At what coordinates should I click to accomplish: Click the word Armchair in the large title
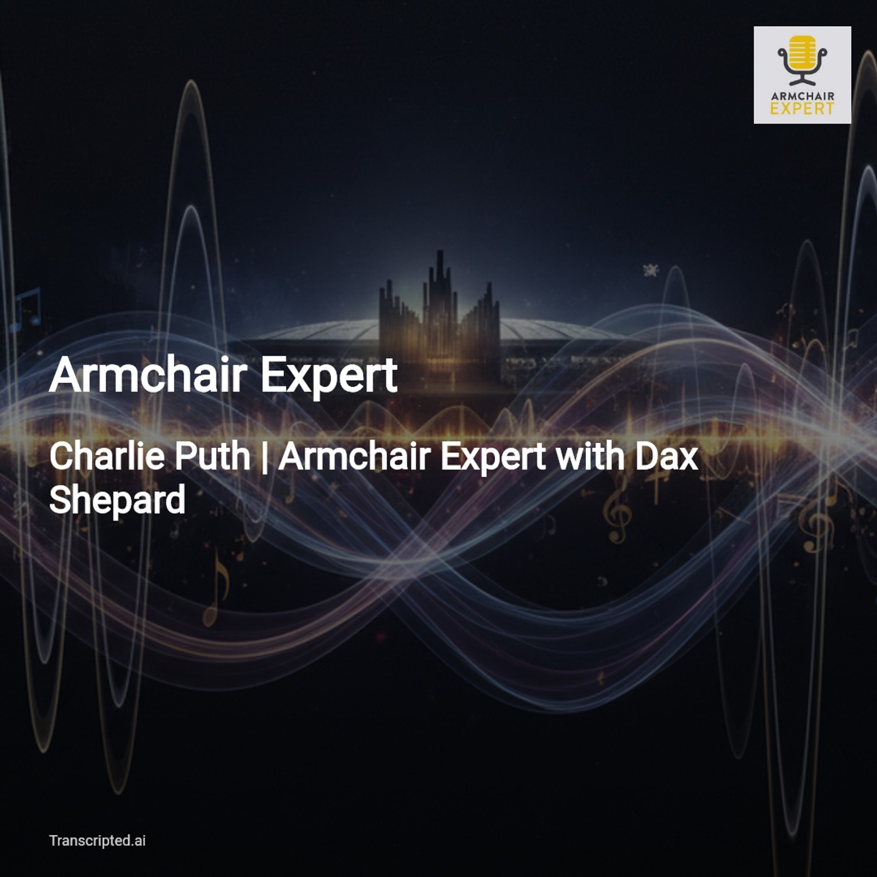[x=147, y=375]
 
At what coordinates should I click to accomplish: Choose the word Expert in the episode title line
[x=494, y=458]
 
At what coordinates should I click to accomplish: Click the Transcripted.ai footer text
[x=97, y=841]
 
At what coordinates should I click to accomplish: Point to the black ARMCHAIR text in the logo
[x=802, y=96]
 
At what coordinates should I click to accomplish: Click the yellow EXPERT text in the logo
[x=802, y=109]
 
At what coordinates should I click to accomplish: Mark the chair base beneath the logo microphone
[x=802, y=81]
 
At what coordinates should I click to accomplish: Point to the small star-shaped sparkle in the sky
[x=651, y=271]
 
